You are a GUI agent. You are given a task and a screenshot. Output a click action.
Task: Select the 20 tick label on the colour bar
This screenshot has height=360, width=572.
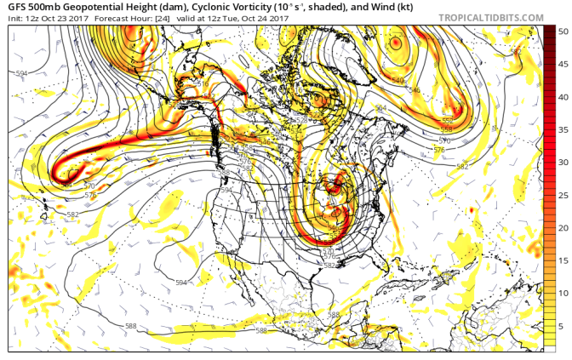point(563,227)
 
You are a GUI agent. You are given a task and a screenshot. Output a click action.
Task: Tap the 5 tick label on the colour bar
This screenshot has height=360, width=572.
point(563,326)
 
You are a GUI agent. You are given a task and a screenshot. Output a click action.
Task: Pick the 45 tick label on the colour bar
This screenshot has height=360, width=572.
point(563,64)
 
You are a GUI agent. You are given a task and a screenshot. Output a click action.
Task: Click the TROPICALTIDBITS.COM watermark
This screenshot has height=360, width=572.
point(492,17)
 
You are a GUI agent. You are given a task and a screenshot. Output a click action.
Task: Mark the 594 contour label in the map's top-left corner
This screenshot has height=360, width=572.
point(21,74)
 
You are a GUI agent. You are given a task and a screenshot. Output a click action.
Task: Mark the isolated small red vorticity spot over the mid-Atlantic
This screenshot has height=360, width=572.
point(471,209)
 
